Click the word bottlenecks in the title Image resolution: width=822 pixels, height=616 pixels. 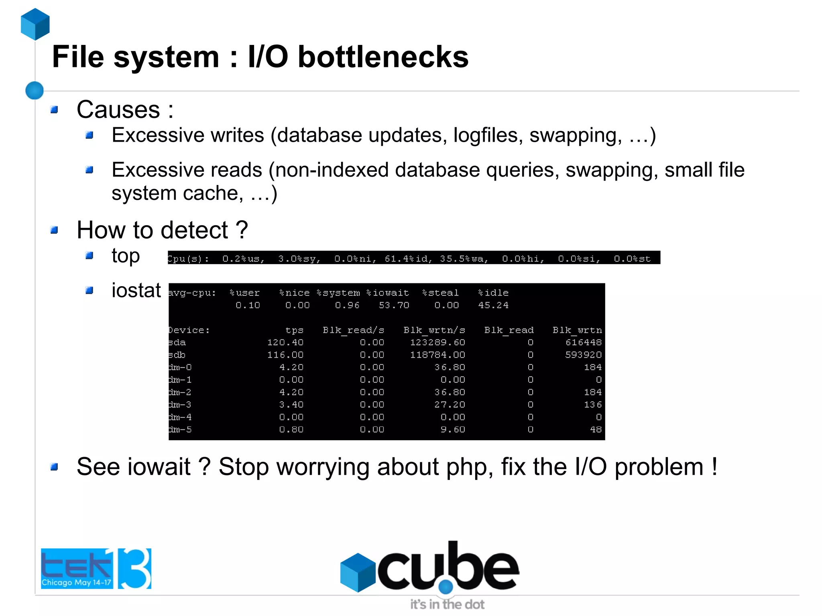pos(383,57)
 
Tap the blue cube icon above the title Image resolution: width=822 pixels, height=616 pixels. pos(35,24)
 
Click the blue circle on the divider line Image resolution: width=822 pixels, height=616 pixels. pos(35,90)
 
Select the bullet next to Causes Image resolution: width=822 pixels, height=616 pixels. pos(55,110)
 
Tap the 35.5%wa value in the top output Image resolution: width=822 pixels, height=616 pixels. pos(464,259)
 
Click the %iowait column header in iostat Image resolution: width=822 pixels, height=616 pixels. pos(388,293)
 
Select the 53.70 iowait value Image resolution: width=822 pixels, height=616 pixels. pos(394,305)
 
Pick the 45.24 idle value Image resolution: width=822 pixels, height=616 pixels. pos(493,305)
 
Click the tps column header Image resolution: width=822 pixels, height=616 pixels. pos(294,330)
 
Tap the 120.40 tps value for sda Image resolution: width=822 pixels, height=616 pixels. pos(285,343)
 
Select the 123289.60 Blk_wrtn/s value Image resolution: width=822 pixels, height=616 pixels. pos(437,343)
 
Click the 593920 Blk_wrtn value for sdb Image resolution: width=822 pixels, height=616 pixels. pos(583,355)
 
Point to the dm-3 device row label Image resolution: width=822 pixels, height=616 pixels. pos(180,405)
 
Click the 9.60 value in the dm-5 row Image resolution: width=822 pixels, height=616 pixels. pos(453,429)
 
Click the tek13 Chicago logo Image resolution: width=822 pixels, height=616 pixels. pos(96,568)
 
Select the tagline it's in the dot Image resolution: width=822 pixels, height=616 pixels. pos(447,604)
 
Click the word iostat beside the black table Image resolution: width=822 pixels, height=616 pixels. pos(136,290)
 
